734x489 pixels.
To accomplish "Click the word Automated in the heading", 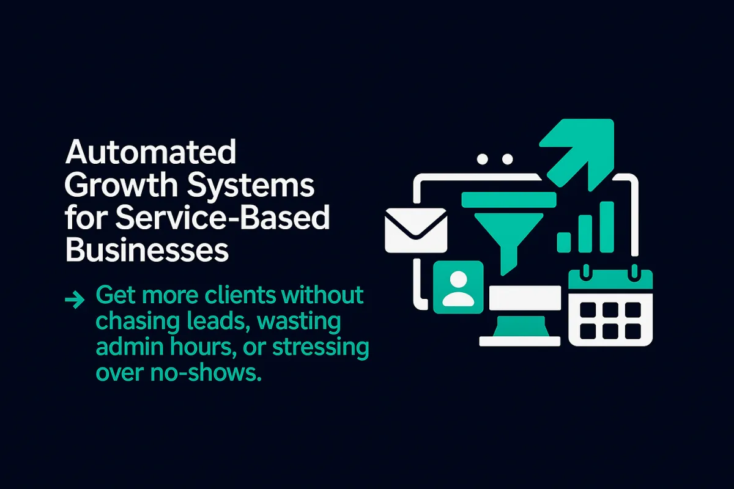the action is tap(150, 152).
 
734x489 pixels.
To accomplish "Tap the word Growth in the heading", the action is tap(122, 185).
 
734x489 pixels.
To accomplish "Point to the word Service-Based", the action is tap(223, 217).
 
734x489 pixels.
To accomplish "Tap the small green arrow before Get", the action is tap(75, 300).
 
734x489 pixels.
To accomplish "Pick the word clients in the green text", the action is tap(240, 295).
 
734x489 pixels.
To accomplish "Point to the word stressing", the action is tap(321, 348).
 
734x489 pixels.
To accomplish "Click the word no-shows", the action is tap(206, 373).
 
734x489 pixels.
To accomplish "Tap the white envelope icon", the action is tap(416, 230).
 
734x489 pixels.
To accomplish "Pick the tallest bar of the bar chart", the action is tap(607, 227).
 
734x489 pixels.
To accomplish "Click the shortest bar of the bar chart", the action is tap(564, 243).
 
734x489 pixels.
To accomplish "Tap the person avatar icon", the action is tap(458, 287).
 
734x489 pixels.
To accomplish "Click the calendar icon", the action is tap(610, 306).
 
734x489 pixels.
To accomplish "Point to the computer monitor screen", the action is tap(525, 298).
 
